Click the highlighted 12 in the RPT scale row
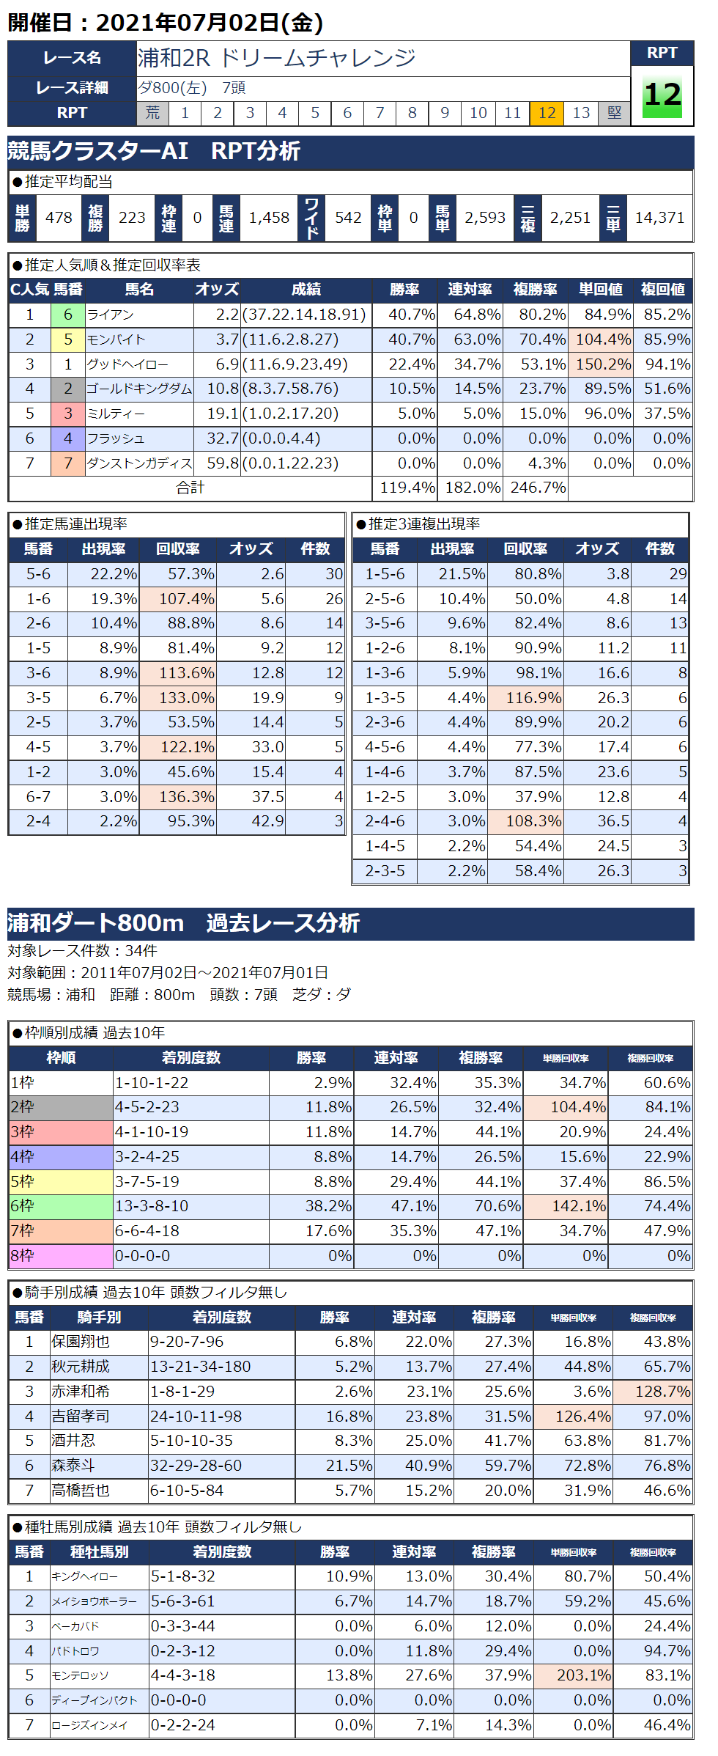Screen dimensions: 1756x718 pyautogui.click(x=547, y=113)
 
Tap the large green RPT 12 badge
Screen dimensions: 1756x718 pyautogui.click(x=662, y=95)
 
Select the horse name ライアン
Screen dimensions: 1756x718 pyautogui.click(x=111, y=315)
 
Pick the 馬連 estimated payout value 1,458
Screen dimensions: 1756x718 pyautogui.click(x=269, y=218)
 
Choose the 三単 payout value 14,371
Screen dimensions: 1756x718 pyautogui.click(x=659, y=218)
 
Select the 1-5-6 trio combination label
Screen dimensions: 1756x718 pyautogui.click(x=385, y=574)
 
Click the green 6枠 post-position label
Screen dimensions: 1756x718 pyautogui.click(x=60, y=1206)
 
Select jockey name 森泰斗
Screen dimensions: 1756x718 pyautogui.click(x=73, y=1466)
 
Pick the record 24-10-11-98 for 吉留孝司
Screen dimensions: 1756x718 pyautogui.click(x=196, y=1417)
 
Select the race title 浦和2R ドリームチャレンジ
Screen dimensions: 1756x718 pyautogui.click(x=277, y=58)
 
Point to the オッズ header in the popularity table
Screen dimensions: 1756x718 pyautogui.click(x=217, y=290)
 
